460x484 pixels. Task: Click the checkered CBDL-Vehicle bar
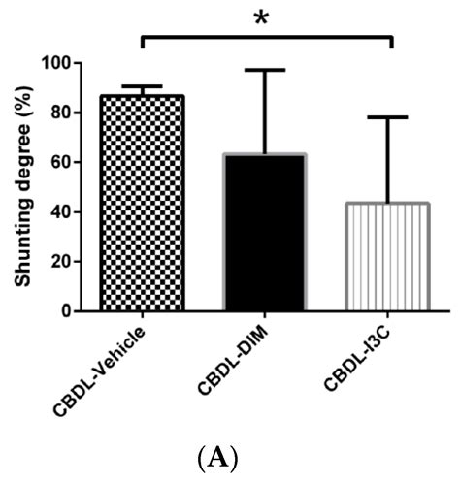click(143, 204)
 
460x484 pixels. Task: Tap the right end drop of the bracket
click(390, 43)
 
